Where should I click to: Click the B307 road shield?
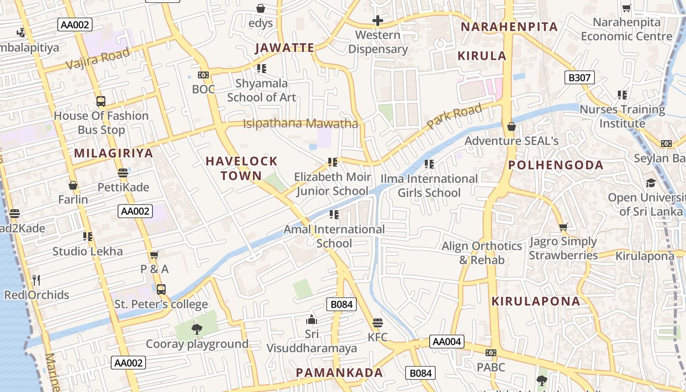(579, 77)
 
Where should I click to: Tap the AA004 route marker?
(446, 342)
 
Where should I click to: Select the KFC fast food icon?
(377, 323)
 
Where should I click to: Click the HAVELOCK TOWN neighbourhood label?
(242, 168)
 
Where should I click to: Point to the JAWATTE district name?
(285, 48)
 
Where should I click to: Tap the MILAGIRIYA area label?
(114, 153)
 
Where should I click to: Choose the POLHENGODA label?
(556, 165)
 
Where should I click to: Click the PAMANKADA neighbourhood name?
(339, 372)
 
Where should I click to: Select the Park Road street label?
(454, 116)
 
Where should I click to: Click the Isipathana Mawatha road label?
(300, 123)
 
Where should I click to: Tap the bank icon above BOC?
(203, 75)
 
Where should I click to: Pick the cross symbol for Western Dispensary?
(377, 21)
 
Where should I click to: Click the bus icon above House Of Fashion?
(100, 101)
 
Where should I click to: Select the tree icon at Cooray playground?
(197, 329)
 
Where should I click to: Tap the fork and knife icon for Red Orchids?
(36, 280)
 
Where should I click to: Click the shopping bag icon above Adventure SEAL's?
(512, 126)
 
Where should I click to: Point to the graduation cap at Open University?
(651, 183)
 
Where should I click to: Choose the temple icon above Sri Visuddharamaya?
(311, 320)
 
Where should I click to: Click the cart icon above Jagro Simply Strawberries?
(563, 227)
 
